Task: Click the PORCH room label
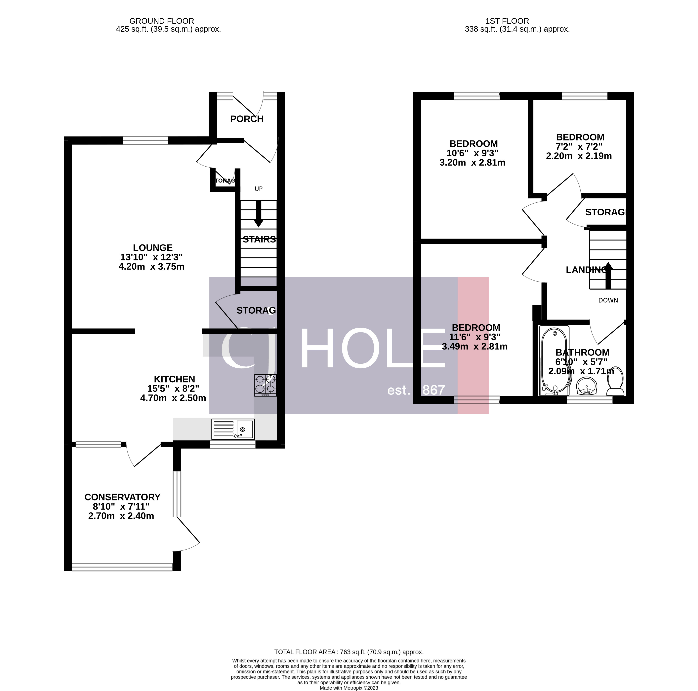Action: pyautogui.click(x=247, y=119)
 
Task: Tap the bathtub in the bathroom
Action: pyautogui.click(x=554, y=360)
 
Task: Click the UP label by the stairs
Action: pyautogui.click(x=258, y=189)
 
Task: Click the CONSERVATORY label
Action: pyautogui.click(x=122, y=497)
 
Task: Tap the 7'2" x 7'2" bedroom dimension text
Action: pyautogui.click(x=579, y=147)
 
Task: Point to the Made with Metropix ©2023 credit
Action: pyautogui.click(x=349, y=688)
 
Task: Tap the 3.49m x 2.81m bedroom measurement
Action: pyautogui.click(x=475, y=347)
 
